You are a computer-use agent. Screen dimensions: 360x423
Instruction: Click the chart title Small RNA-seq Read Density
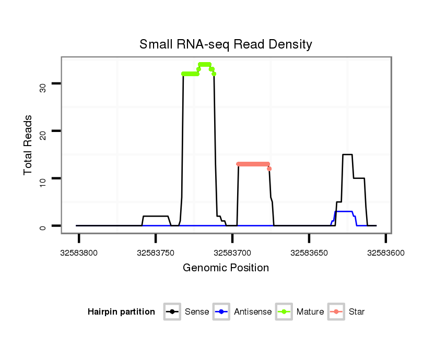click(x=226, y=44)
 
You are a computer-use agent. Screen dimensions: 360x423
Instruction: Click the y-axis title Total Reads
click(x=29, y=145)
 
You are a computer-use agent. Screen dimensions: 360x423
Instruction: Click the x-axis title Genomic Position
click(x=226, y=268)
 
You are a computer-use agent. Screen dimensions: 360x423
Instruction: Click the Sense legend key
click(x=172, y=312)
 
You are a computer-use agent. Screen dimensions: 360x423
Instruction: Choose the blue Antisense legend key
click(x=221, y=312)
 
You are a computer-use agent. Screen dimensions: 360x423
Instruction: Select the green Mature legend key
click(x=285, y=312)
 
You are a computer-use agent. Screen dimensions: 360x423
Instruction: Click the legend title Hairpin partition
click(x=121, y=312)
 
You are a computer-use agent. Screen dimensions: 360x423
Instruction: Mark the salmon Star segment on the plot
click(x=253, y=164)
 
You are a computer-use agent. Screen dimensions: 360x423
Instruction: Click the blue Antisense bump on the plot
click(x=345, y=211)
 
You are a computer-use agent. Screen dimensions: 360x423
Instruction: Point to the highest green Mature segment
click(x=205, y=64)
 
